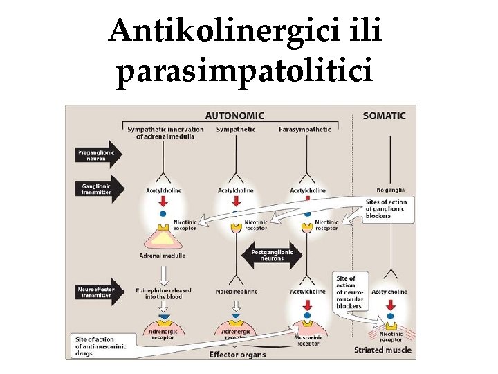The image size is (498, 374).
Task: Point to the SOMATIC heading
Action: [384, 116]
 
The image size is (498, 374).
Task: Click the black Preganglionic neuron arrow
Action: [96, 155]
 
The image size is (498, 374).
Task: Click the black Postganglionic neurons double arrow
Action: [272, 255]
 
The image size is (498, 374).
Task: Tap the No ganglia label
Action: [391, 190]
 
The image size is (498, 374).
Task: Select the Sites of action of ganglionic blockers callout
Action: [387, 208]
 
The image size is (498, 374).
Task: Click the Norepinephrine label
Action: [237, 292]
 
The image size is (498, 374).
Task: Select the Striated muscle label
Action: [382, 350]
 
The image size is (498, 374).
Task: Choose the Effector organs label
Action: [237, 355]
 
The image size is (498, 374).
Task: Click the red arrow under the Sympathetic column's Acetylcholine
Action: [237, 201]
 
